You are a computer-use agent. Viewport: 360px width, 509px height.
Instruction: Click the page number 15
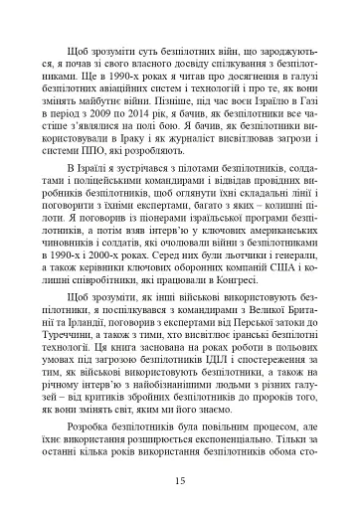click(180, 482)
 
